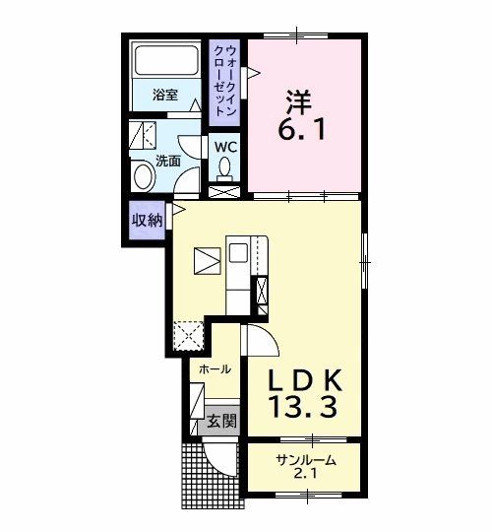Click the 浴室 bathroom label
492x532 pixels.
pyautogui.click(x=165, y=95)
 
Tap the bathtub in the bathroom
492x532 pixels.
pyautogui.click(x=166, y=60)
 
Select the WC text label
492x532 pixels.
pyautogui.click(x=225, y=147)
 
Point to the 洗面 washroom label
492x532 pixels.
pyautogui.click(x=168, y=161)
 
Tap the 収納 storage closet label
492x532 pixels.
pyautogui.click(x=147, y=221)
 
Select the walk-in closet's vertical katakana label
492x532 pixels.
pyautogui.click(x=224, y=81)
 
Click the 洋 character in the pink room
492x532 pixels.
pyautogui.click(x=299, y=101)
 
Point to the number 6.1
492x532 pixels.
pyautogui.click(x=302, y=129)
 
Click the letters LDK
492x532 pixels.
pyautogui.click(x=305, y=380)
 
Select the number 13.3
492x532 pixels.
pyautogui.click(x=303, y=407)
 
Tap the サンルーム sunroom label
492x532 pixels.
pyautogui.click(x=306, y=461)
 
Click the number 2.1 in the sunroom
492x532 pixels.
pyautogui.click(x=305, y=474)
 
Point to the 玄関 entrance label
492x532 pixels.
pyautogui.click(x=222, y=421)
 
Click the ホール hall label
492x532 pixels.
pyautogui.click(x=215, y=368)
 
